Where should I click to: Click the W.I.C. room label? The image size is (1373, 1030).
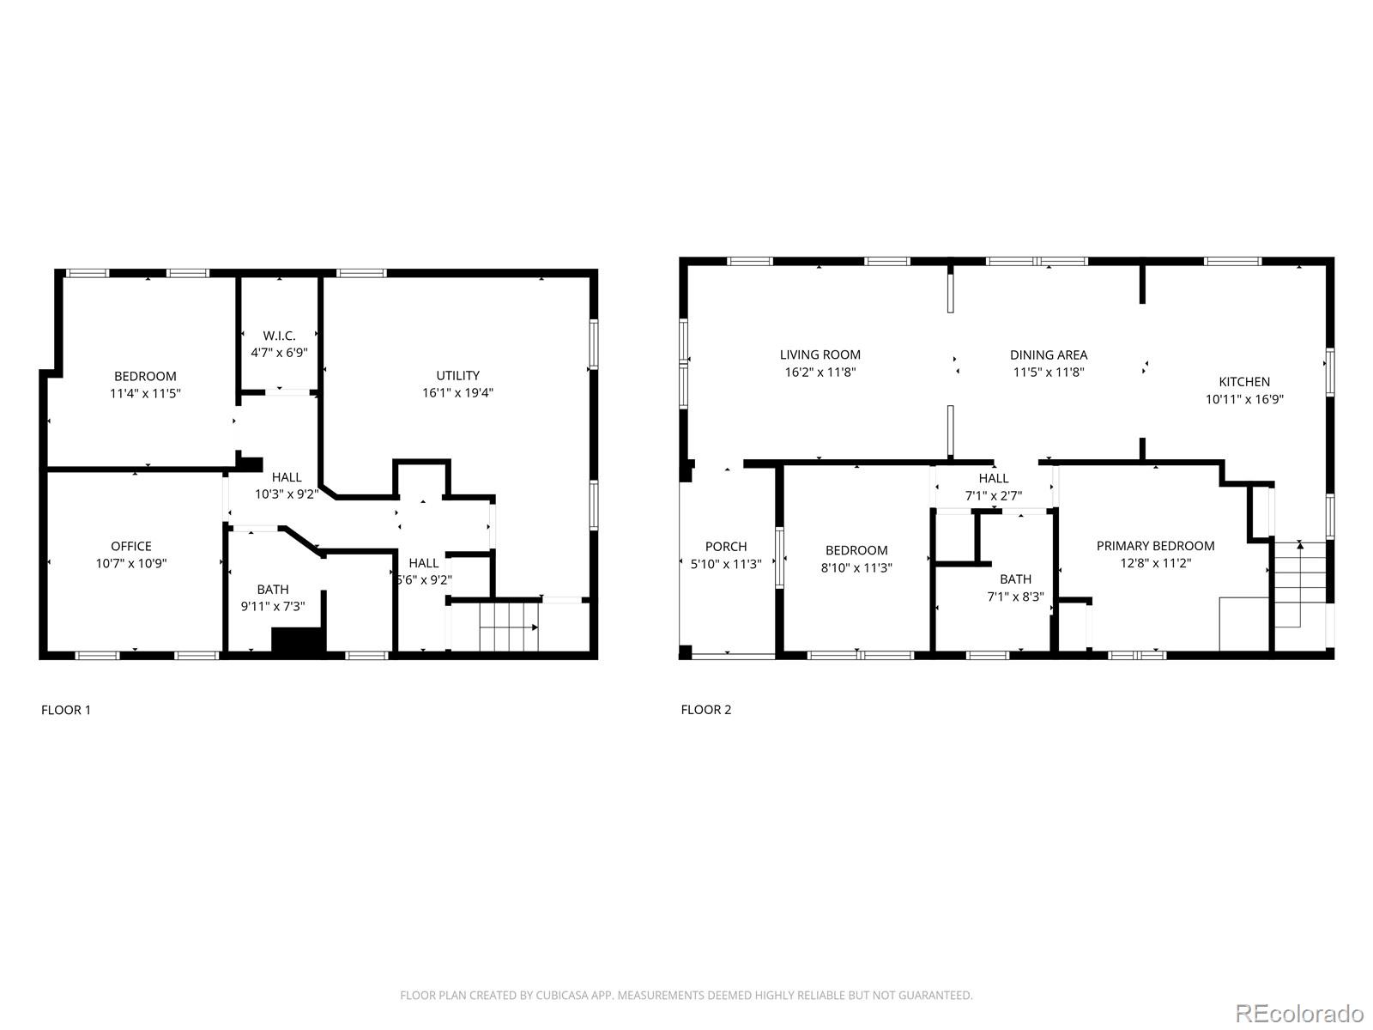280,336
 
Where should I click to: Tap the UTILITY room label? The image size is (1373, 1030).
457,375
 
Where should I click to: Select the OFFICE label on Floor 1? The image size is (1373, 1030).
131,546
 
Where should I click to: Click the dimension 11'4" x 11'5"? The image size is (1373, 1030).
145,393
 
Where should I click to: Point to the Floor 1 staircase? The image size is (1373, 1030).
508,627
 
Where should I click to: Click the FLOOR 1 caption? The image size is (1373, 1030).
66,710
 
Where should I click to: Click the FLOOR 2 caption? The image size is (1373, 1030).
706,709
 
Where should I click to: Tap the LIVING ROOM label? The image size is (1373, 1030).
820,354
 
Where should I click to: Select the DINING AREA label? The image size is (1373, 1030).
1048,354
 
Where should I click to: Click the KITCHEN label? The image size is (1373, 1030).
1244,382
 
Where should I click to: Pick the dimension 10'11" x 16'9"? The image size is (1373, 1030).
1244,399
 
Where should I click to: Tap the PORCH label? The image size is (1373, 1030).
726,546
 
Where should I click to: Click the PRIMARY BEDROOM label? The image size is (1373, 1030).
1155,546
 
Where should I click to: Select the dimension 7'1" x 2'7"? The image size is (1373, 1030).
994,495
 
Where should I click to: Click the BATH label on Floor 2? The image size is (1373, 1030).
1015,579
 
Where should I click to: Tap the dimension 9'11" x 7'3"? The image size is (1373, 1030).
273,606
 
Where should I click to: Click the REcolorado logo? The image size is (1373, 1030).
1299,1013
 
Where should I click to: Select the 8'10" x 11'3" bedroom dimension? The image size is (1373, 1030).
856,567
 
